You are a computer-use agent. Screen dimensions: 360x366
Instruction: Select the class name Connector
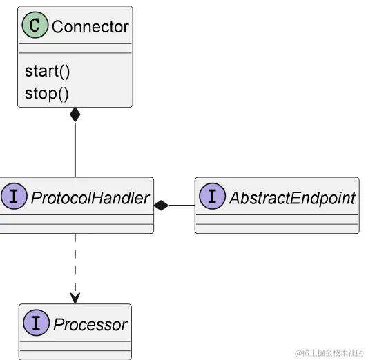90,27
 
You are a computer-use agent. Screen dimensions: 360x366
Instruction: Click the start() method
47,71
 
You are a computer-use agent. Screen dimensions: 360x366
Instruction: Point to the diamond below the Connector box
75,115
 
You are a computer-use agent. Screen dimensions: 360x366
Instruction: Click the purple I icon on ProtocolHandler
14,198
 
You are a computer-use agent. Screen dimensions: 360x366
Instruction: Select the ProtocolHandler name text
90,198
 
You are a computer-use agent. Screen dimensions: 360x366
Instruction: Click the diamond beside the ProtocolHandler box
162,205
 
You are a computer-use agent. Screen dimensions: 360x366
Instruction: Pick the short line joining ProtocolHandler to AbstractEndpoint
182,205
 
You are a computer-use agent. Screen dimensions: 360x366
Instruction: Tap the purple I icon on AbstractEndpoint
212,198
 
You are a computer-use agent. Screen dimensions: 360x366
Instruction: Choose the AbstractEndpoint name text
291,198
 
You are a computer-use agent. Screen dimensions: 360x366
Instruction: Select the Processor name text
90,324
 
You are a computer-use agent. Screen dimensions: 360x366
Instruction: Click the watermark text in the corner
329,352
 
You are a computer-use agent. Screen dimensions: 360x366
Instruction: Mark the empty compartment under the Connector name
75,48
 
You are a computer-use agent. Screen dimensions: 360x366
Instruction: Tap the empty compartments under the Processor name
75,348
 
